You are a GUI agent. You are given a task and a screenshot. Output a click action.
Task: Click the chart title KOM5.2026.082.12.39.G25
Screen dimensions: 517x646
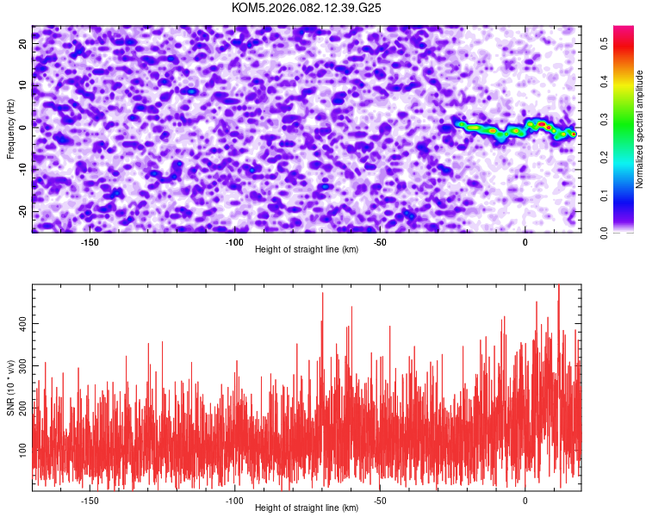[307, 8]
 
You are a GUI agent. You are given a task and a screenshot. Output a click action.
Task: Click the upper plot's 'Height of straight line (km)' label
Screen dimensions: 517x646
[307, 250]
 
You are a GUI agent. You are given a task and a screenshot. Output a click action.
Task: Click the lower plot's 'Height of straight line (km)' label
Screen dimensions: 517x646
[307, 508]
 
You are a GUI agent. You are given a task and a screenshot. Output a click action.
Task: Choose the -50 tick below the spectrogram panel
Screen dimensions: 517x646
[380, 241]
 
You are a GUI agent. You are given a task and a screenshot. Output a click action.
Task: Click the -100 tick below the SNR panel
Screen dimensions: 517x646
[234, 500]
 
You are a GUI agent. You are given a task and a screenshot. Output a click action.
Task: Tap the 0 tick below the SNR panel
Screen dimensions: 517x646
[525, 500]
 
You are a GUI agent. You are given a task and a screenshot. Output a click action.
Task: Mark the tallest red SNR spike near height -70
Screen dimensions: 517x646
[322, 294]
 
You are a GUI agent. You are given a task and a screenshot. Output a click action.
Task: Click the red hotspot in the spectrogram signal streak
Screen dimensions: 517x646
[542, 125]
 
